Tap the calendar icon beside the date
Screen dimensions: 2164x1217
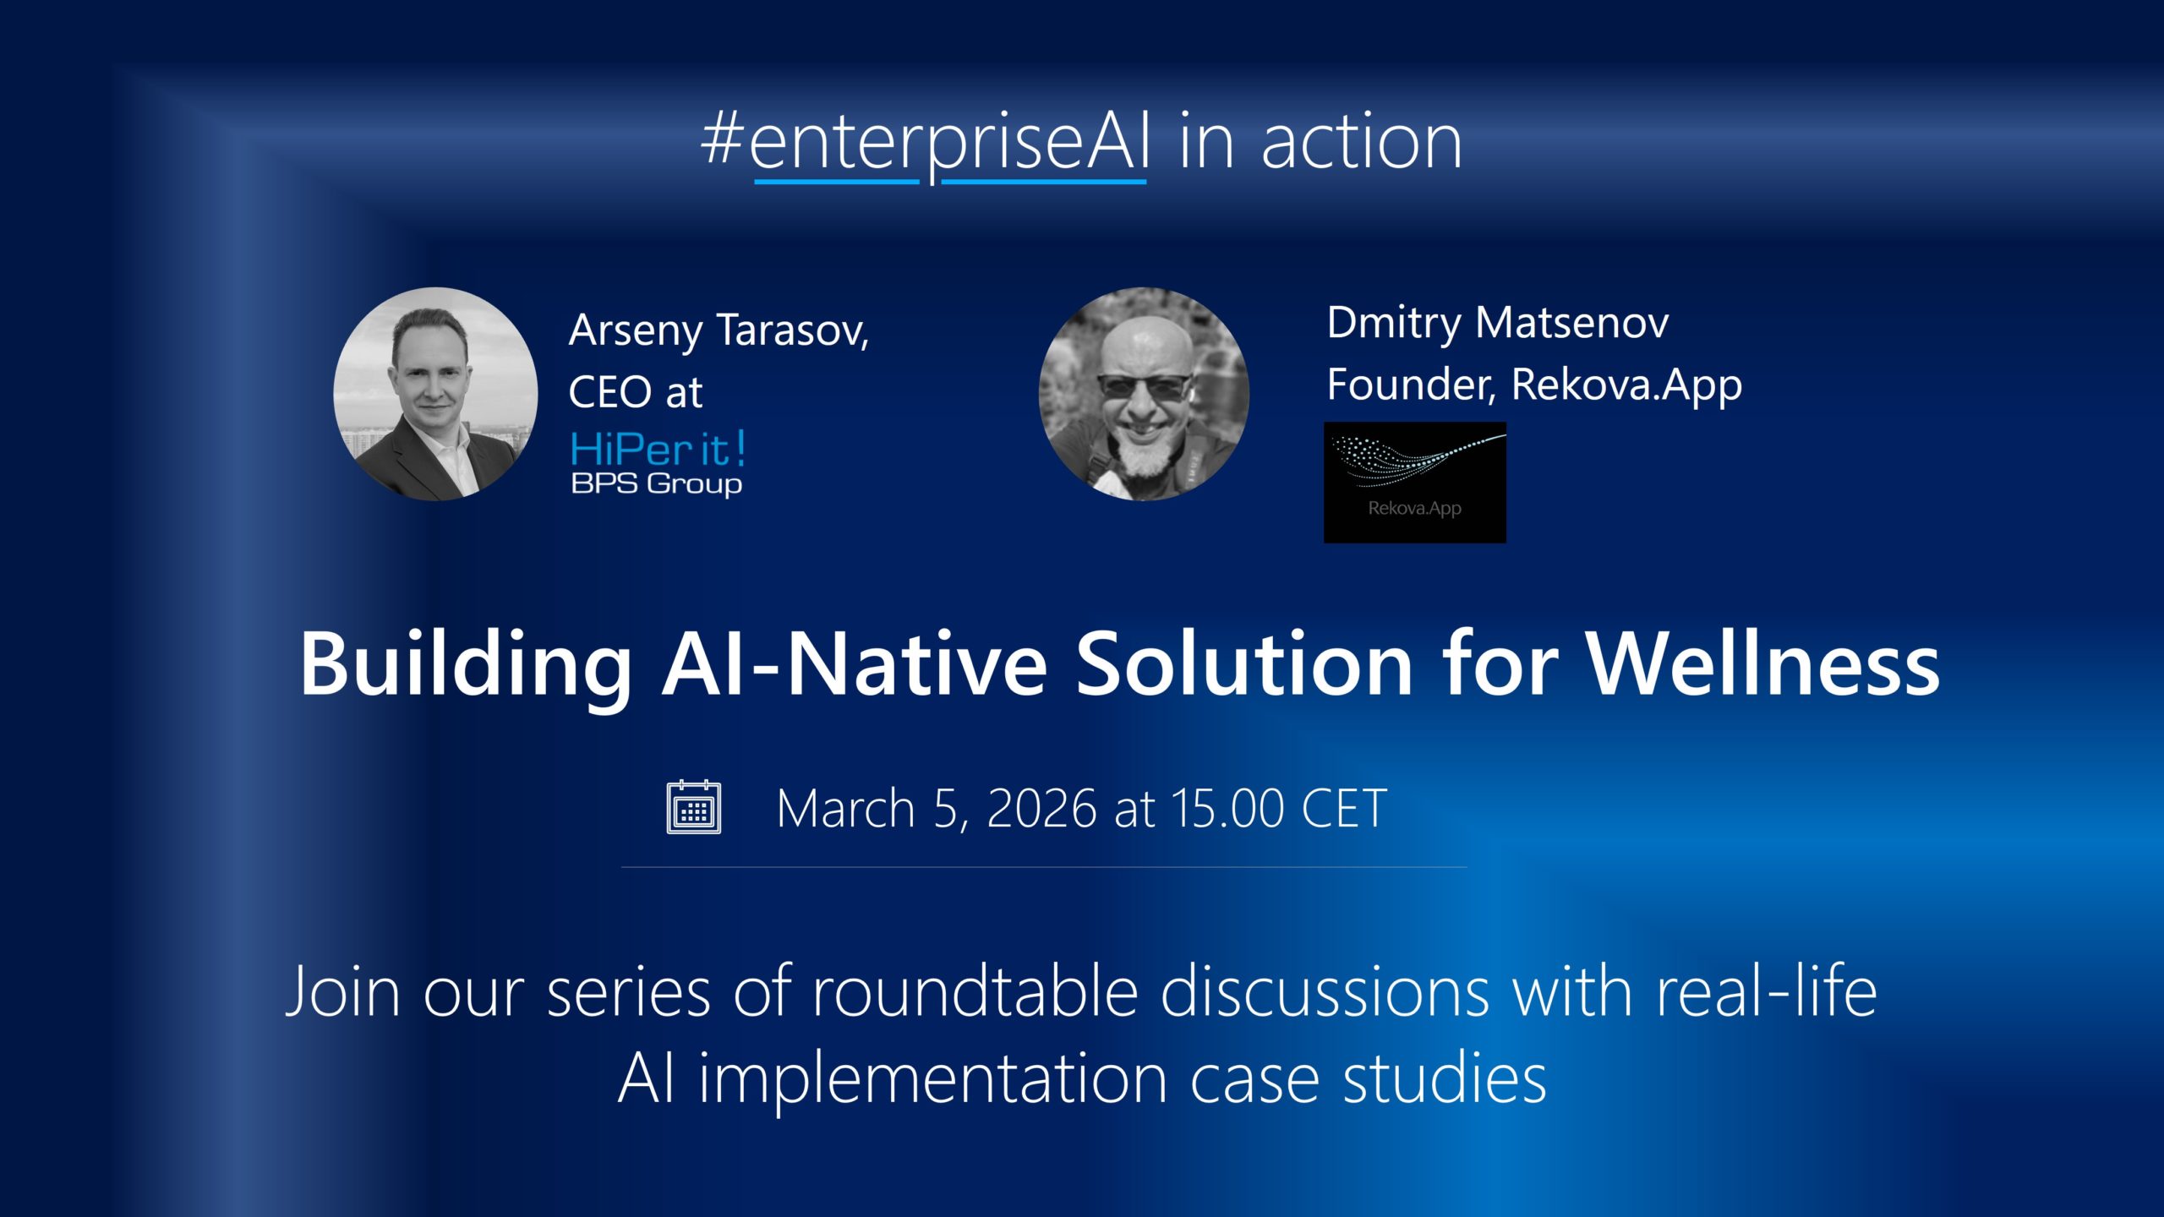tap(694, 807)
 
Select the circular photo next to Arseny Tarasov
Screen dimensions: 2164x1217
tap(435, 394)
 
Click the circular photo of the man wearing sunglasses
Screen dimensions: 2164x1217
tap(1144, 394)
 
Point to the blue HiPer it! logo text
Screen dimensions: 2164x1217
tap(658, 449)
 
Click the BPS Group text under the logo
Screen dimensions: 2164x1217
tap(657, 484)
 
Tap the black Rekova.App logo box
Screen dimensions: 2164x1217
tap(1415, 483)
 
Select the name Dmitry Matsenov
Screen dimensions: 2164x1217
tap(1498, 324)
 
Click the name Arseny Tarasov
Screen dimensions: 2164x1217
tap(719, 330)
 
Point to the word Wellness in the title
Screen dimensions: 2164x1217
tap(1762, 664)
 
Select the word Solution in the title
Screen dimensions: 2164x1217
tap(1243, 664)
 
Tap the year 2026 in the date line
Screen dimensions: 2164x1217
tap(1042, 809)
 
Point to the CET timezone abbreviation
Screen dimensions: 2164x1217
tap(1345, 809)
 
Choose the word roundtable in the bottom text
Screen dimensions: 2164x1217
tap(975, 991)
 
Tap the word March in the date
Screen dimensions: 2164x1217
tap(846, 809)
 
